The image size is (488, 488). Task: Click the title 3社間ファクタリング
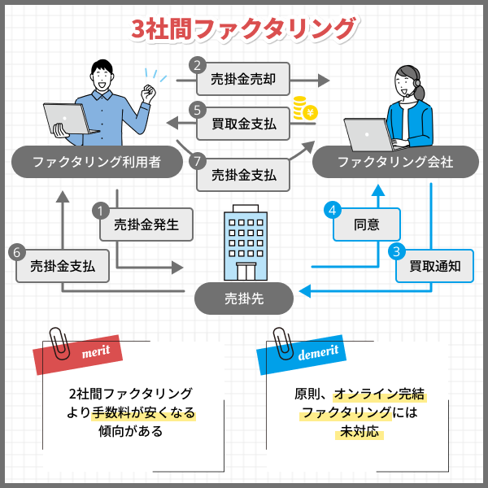[x=244, y=28]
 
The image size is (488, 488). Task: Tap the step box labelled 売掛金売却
[x=243, y=80]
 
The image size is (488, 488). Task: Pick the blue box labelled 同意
[x=367, y=224]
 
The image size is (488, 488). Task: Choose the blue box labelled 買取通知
[x=435, y=265]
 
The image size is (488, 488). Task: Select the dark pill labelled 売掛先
[x=244, y=298]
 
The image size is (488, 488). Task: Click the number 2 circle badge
[x=197, y=65]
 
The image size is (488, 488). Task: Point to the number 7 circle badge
[x=197, y=161]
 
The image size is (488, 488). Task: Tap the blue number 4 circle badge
[x=332, y=210]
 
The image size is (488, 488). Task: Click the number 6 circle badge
[x=17, y=252]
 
